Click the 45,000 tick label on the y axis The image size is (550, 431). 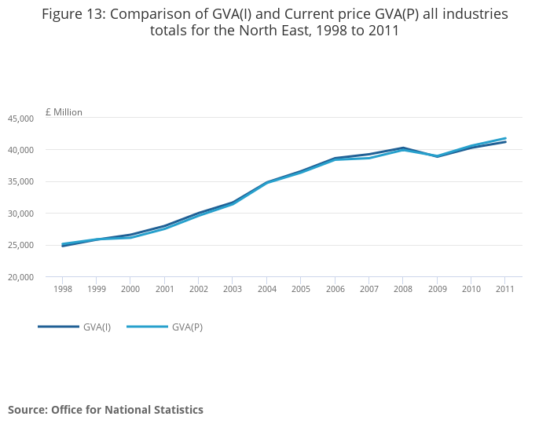click(x=20, y=119)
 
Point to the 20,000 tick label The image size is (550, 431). click(x=20, y=277)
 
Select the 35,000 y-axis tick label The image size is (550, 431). click(x=20, y=182)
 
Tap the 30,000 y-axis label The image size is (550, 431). click(x=20, y=214)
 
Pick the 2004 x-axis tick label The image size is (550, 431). click(x=266, y=289)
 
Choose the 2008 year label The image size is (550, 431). click(x=402, y=289)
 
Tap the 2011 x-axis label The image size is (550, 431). click(x=504, y=289)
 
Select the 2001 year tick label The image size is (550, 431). click(x=164, y=289)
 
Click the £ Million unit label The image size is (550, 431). click(x=64, y=112)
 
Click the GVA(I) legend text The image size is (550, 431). click(x=97, y=327)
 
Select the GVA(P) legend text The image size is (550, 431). click(x=187, y=327)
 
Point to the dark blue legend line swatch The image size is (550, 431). click(x=58, y=327)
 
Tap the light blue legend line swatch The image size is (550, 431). click(x=146, y=327)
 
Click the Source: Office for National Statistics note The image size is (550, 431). click(x=105, y=410)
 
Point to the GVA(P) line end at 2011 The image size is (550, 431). click(x=505, y=138)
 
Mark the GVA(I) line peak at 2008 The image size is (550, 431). click(x=402, y=148)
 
